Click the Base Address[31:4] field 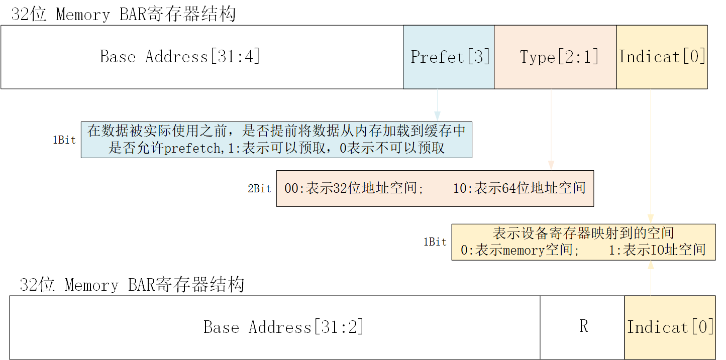pyautogui.click(x=201, y=57)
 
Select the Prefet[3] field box pyautogui.click(x=449, y=57)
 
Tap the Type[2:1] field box pyautogui.click(x=555, y=57)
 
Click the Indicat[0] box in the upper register pyautogui.click(x=662, y=57)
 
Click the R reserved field pyautogui.click(x=582, y=327)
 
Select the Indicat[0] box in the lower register pyautogui.click(x=670, y=327)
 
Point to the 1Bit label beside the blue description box pyautogui.click(x=64, y=141)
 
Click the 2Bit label pyautogui.click(x=259, y=189)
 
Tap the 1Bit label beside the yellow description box pyautogui.click(x=435, y=242)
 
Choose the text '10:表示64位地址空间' pyautogui.click(x=520, y=189)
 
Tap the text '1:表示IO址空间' pyautogui.click(x=657, y=250)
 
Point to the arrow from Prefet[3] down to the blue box pyautogui.click(x=437, y=105)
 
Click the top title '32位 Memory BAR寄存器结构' pyautogui.click(x=124, y=15)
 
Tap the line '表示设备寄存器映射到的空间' pyautogui.click(x=583, y=233)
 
